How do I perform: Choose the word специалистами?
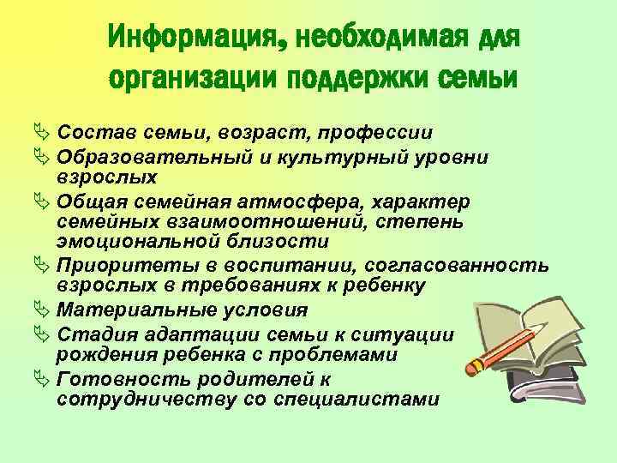click(x=359, y=399)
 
